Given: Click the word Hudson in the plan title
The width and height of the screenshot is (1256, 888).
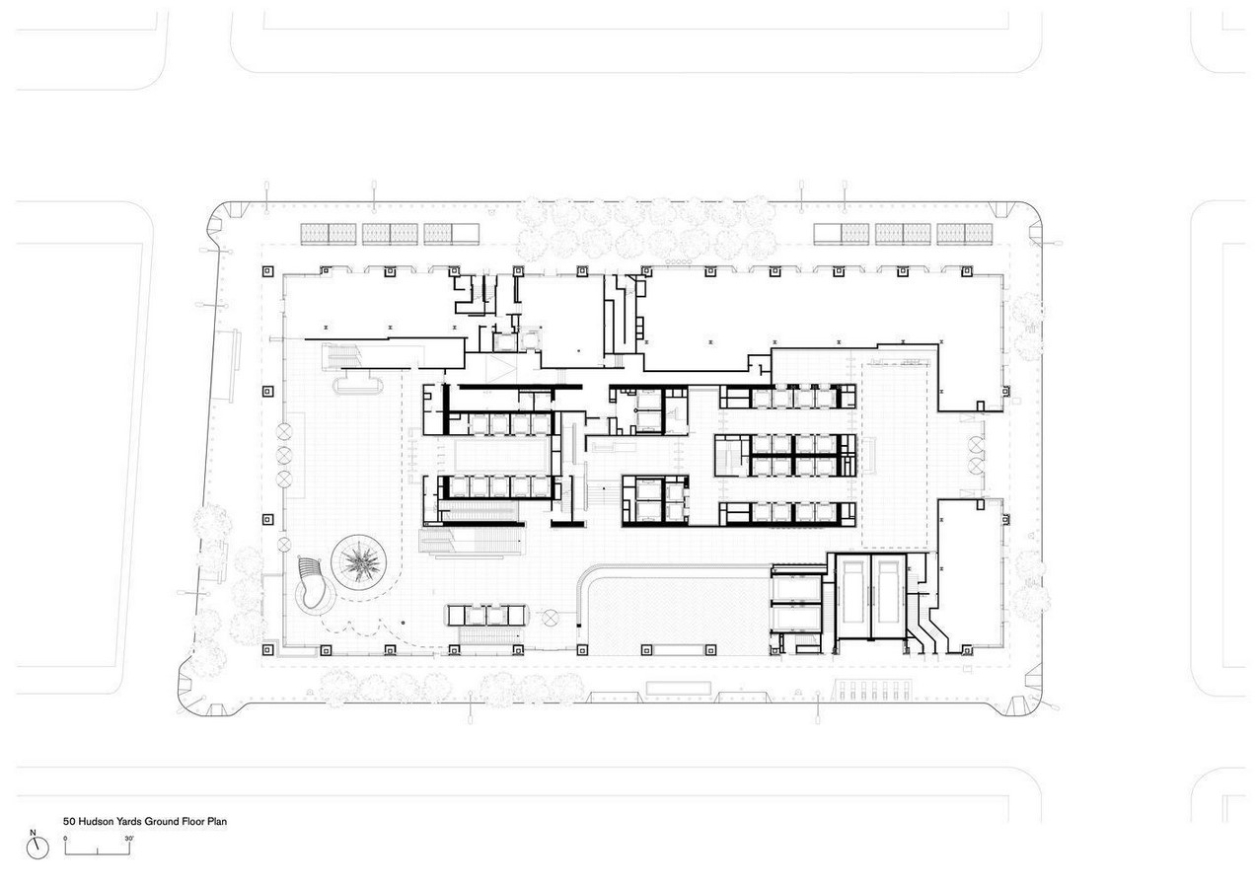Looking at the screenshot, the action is click(96, 821).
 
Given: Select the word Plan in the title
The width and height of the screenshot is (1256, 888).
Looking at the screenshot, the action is click(216, 821).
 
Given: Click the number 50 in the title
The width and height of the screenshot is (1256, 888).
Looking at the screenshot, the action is click(69, 821).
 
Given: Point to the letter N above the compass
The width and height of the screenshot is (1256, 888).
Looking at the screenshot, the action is click(33, 833).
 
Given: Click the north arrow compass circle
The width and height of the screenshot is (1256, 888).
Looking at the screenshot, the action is click(37, 849).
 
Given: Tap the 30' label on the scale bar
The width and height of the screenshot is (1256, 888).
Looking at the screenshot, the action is click(129, 839).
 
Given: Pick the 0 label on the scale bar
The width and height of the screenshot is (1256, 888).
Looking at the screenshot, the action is click(65, 839).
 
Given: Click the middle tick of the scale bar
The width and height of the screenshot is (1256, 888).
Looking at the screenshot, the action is click(98, 851).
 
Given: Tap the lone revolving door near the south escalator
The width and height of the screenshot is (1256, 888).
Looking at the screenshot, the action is click(551, 618).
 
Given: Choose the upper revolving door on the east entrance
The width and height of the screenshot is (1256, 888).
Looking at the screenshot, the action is click(976, 445).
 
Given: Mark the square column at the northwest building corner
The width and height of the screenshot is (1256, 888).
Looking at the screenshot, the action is click(268, 272).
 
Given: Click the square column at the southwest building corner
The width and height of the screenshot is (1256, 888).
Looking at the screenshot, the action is click(268, 650).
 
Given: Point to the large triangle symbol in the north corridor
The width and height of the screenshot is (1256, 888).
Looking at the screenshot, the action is click(500, 369).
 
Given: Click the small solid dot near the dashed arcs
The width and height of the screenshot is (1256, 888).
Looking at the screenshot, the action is click(403, 623).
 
